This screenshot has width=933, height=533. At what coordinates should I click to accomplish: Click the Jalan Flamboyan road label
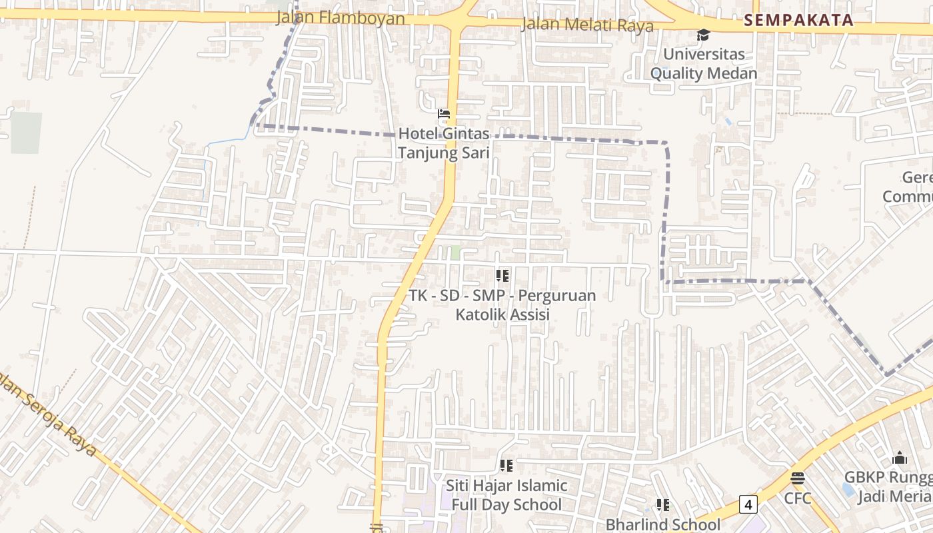point(341,17)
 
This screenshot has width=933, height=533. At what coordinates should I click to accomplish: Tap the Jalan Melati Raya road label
point(587,25)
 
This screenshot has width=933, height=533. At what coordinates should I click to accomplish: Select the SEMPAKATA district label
point(798,20)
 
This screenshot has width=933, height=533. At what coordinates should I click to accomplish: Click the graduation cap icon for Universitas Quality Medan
point(703,35)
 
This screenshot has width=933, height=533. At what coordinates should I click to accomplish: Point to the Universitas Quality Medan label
point(704,63)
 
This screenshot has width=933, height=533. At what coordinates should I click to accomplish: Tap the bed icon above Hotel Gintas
point(444,114)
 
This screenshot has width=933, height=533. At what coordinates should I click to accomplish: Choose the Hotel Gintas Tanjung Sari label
point(444,143)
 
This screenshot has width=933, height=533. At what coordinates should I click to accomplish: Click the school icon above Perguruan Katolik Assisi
point(502,275)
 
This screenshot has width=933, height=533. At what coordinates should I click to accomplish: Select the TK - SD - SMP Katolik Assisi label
point(502,304)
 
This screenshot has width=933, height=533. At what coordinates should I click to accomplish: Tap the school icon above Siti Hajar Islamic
point(506,466)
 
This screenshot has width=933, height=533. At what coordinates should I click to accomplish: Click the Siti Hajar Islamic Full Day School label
point(506,495)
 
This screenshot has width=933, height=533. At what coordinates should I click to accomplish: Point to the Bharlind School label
point(662,524)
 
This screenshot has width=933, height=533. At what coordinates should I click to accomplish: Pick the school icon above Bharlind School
point(662,504)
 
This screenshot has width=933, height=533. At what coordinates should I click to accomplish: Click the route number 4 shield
point(748,505)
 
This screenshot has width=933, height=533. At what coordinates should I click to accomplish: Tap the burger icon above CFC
point(798,478)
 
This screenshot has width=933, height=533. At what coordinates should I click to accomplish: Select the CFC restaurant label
point(798,498)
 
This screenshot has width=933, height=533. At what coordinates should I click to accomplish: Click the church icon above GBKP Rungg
point(900,458)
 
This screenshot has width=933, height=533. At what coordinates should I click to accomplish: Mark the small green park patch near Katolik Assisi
point(455,253)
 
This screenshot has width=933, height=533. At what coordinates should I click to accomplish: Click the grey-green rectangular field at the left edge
point(26,133)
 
